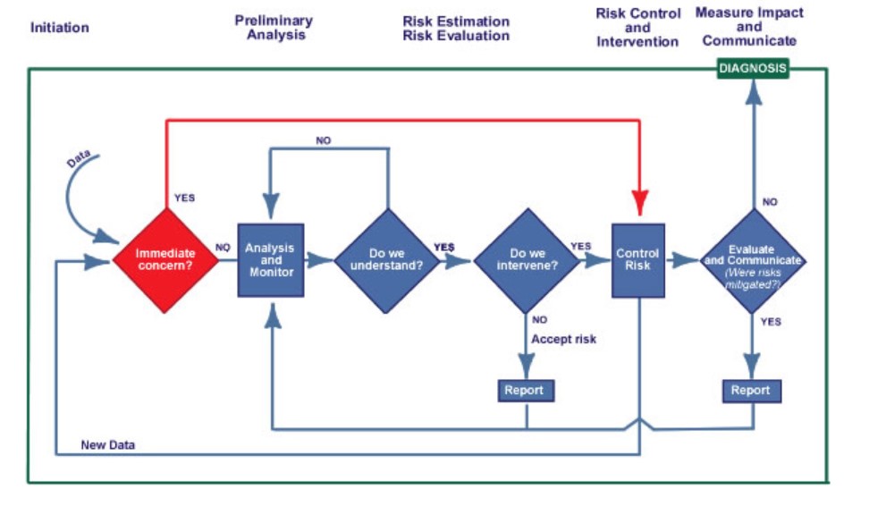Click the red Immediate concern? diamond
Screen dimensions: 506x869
[x=165, y=260]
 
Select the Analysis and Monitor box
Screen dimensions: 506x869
[x=271, y=260]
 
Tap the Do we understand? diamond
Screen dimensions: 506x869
[x=387, y=260]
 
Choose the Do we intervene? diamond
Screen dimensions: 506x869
[x=526, y=260]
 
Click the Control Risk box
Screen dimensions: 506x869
[x=638, y=260]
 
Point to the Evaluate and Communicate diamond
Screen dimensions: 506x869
[x=753, y=260]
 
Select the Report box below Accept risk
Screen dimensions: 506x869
[x=526, y=391]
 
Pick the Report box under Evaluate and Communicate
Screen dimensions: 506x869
[x=752, y=391]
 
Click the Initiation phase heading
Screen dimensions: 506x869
[x=60, y=28]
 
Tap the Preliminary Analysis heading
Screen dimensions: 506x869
[x=274, y=28]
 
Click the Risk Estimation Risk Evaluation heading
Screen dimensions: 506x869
[x=456, y=29]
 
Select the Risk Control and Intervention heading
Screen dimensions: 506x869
[x=638, y=28]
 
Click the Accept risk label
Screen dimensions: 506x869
[x=563, y=340]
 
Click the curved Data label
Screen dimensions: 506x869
[x=80, y=158]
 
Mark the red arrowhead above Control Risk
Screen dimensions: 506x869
[x=639, y=201]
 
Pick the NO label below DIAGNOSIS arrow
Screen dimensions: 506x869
[x=770, y=202]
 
